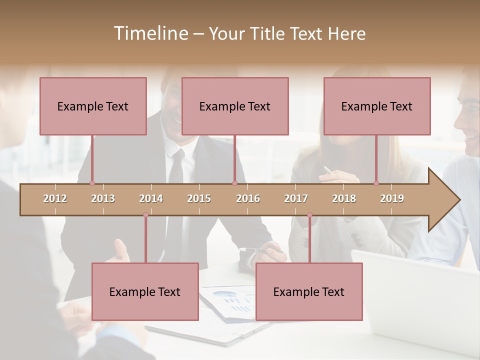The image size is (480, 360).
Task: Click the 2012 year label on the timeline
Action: [x=55, y=198]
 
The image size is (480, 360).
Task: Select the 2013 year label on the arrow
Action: [x=103, y=198]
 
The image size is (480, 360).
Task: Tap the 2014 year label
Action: [x=151, y=198]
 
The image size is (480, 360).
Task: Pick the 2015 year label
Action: [x=199, y=198]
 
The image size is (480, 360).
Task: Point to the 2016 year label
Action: [x=248, y=198]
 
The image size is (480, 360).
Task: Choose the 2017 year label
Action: [x=296, y=198]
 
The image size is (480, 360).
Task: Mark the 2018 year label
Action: [x=344, y=198]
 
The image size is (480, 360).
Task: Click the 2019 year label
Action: [x=392, y=198]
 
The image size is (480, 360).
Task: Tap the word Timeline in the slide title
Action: [x=150, y=33]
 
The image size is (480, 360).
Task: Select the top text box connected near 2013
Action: [x=93, y=106]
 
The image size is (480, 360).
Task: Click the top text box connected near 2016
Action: [x=235, y=106]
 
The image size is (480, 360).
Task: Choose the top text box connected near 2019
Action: [x=377, y=106]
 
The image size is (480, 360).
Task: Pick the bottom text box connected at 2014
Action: [x=145, y=291]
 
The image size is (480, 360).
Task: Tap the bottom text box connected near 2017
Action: [x=309, y=291]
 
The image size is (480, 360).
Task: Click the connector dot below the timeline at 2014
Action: [x=145, y=215]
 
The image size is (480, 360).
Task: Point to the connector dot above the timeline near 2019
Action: [x=376, y=183]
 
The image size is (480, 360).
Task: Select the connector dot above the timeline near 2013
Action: [x=92, y=183]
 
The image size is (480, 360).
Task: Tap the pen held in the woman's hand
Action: [x=328, y=170]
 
